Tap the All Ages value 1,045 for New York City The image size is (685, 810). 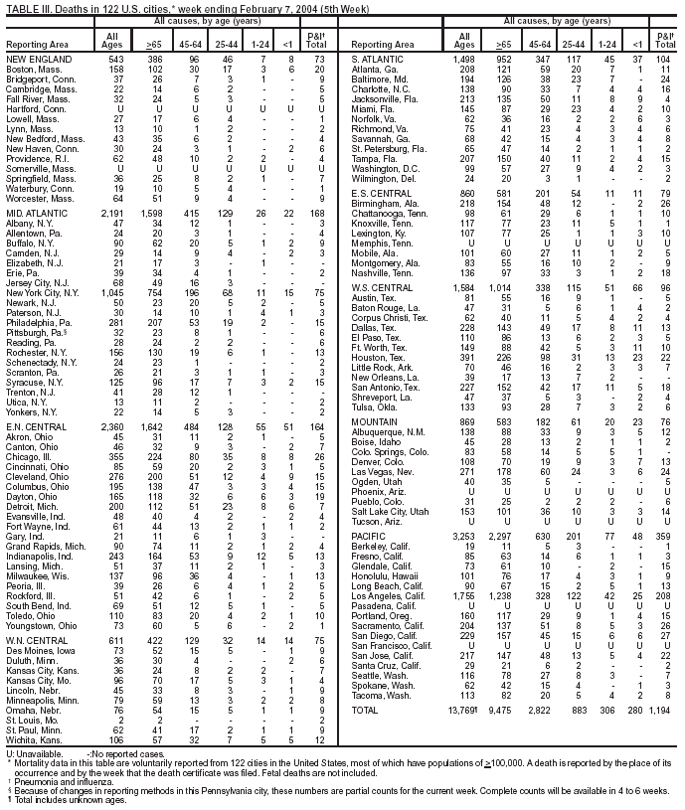click(114, 265)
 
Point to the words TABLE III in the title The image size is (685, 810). click(28, 8)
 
